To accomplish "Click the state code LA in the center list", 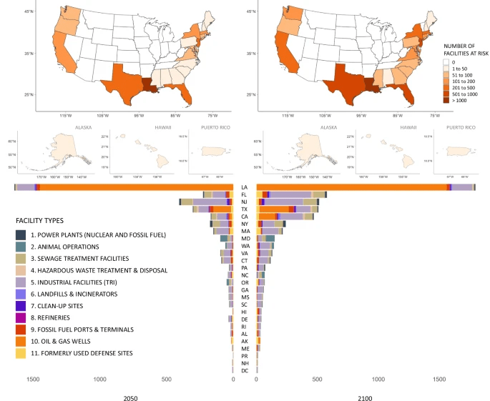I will point(245,187).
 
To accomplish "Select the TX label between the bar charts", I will point(245,209).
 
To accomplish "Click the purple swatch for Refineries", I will point(21,317).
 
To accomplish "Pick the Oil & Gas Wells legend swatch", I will point(21,341).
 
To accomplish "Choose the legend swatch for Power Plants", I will point(21,234).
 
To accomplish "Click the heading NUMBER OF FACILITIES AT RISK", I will point(464,50).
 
